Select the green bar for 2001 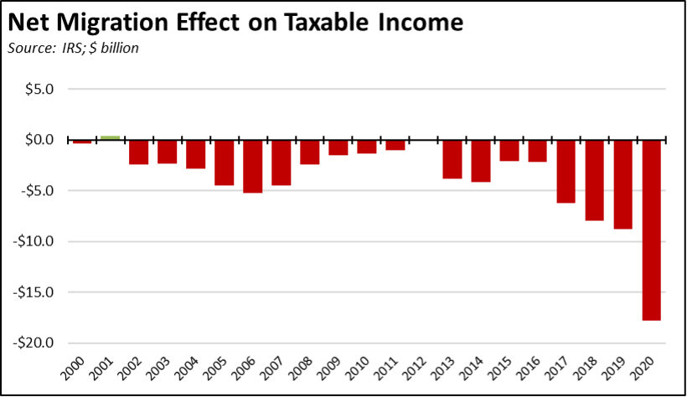point(110,137)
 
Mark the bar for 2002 point(138,152)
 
